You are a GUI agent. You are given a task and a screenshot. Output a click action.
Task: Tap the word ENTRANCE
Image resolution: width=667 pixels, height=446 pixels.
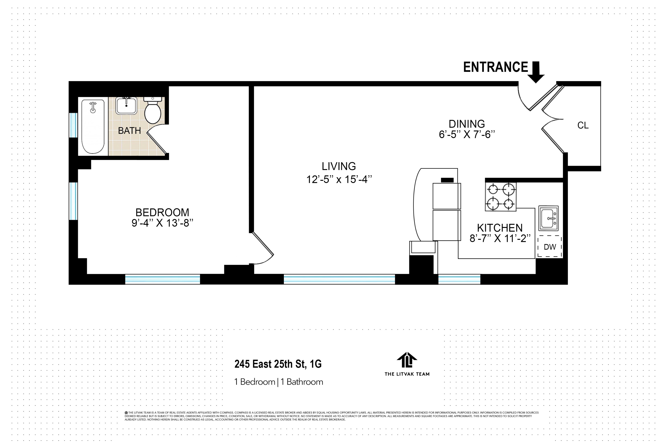point(495,67)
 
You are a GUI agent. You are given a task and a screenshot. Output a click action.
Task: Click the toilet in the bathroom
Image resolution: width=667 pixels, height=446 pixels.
point(153,111)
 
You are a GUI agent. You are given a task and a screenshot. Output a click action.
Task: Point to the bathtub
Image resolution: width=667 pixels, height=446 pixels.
point(93,127)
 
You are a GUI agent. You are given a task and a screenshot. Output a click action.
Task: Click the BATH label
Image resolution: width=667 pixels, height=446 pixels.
point(129,130)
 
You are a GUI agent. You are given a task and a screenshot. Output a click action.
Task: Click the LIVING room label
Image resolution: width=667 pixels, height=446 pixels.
point(339,166)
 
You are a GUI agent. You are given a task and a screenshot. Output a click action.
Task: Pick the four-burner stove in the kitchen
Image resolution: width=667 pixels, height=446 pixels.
point(500,197)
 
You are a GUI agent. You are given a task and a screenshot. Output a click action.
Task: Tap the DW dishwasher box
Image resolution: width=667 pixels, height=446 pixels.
point(550,247)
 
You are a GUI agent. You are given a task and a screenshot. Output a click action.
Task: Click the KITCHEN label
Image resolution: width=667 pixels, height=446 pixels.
point(500,228)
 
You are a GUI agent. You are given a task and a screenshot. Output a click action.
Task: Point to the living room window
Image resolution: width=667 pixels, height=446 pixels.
point(339,279)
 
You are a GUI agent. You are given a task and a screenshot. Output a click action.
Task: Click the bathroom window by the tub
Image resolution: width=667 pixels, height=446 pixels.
point(73,125)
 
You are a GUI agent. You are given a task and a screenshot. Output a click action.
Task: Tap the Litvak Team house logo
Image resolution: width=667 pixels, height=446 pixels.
point(407,360)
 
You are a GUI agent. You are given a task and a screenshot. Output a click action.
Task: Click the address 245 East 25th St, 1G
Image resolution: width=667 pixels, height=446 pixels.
point(278,364)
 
